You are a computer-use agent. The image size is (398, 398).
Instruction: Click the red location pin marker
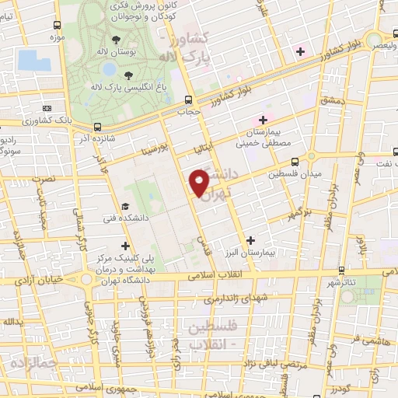click(x=199, y=182)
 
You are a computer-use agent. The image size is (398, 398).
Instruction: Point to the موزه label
click(x=57, y=36)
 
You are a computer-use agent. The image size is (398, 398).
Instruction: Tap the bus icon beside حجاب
click(x=188, y=99)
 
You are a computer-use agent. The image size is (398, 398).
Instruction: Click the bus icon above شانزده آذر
click(x=97, y=127)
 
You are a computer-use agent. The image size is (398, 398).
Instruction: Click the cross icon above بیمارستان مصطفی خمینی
click(x=264, y=120)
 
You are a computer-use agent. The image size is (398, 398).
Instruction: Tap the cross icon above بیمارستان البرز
click(x=250, y=242)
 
